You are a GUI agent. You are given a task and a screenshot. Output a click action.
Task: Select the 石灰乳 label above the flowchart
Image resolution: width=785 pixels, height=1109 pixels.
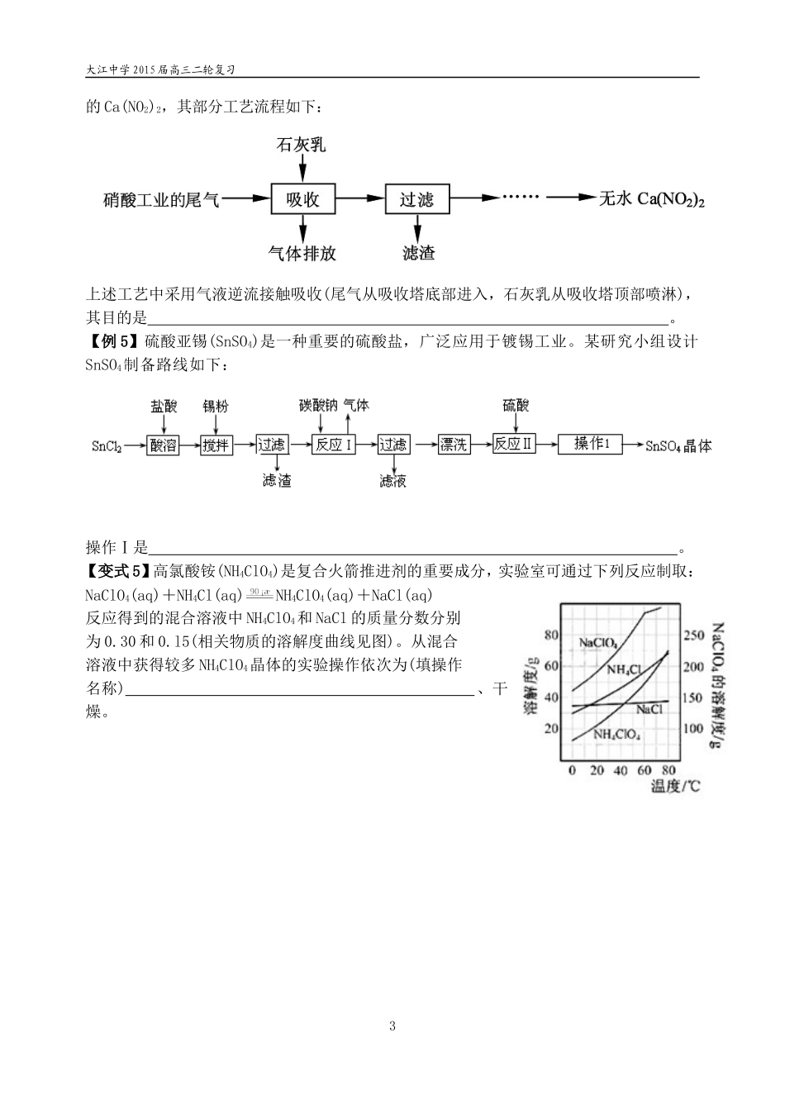(302, 145)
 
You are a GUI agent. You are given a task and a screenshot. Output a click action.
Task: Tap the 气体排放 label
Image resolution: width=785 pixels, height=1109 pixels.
(302, 254)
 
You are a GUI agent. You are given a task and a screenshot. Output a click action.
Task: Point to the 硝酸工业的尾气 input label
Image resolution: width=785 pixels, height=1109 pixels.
(161, 199)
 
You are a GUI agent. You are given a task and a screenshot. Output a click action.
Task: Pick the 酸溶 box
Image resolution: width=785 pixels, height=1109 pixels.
(164, 445)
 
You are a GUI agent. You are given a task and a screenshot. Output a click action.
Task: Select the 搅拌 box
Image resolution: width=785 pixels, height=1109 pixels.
(216, 445)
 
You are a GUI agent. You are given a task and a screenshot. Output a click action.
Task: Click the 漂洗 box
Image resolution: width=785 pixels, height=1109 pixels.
(454, 445)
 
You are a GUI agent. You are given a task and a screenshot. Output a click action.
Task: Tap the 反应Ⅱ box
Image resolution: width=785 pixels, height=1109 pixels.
(513, 444)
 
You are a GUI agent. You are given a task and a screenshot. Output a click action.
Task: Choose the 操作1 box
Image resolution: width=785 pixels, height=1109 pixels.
(591, 444)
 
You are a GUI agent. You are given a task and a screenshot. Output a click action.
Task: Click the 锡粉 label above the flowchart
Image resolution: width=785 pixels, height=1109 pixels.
(216, 406)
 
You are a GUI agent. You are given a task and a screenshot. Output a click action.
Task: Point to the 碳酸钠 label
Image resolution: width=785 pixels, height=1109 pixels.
(317, 405)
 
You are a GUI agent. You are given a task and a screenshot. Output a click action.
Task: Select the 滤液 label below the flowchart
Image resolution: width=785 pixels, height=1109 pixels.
(392, 481)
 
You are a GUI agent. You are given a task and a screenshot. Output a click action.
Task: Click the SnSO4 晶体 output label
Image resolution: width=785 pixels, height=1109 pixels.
(678, 445)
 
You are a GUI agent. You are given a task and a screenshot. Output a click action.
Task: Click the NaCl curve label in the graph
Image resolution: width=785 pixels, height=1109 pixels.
(649, 709)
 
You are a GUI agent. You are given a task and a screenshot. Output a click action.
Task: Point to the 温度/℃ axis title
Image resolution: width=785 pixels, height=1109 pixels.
(675, 787)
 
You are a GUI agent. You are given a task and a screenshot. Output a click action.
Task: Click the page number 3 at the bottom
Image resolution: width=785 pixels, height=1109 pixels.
(392, 1026)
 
